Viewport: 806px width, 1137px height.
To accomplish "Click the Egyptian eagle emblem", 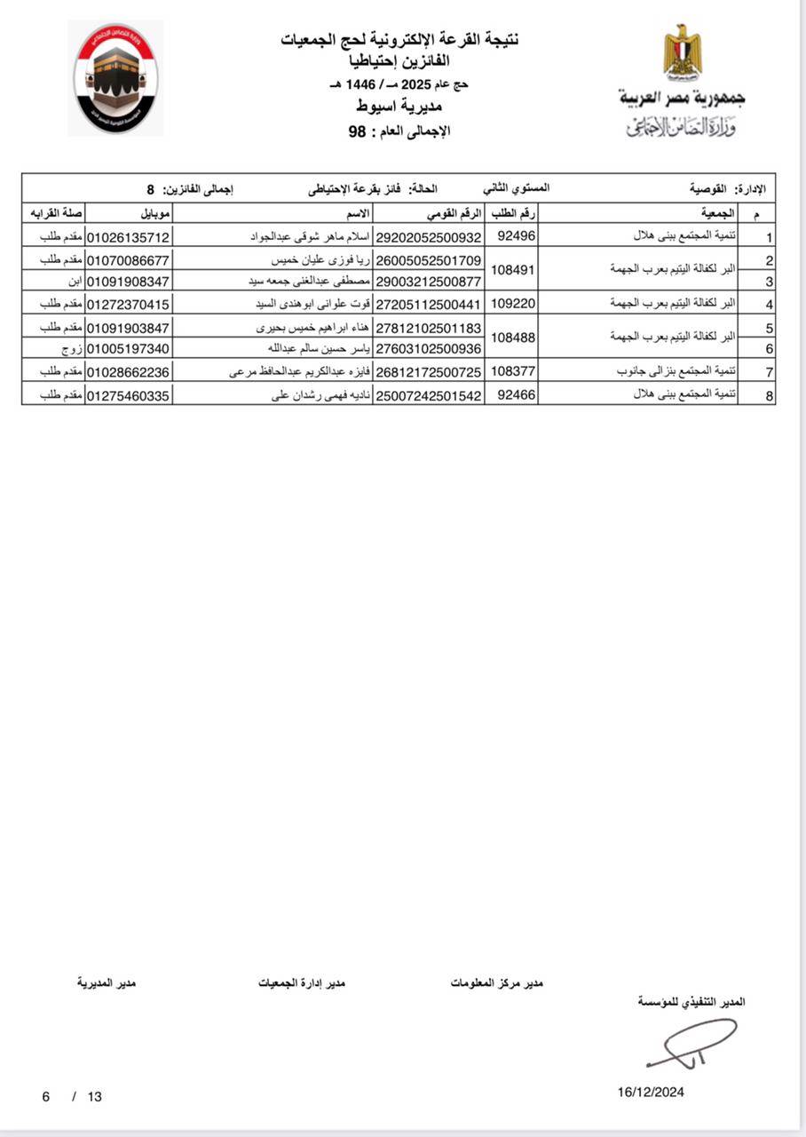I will [x=682, y=53].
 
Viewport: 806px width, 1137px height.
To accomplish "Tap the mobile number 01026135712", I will [x=129, y=237].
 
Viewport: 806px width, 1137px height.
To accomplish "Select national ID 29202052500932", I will [x=430, y=237].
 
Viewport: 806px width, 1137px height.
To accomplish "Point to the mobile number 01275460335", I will [x=129, y=395].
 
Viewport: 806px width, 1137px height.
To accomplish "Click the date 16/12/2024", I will [x=651, y=1093].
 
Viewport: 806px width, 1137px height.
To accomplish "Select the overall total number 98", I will [x=358, y=131].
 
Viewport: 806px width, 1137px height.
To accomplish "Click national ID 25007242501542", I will [x=430, y=395].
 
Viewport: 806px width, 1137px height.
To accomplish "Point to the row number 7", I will [x=770, y=372].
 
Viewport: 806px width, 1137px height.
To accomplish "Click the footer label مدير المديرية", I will [x=106, y=983].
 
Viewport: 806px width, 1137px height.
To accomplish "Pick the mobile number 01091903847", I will [x=129, y=328].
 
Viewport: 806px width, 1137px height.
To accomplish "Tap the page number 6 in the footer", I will [x=45, y=1096].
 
